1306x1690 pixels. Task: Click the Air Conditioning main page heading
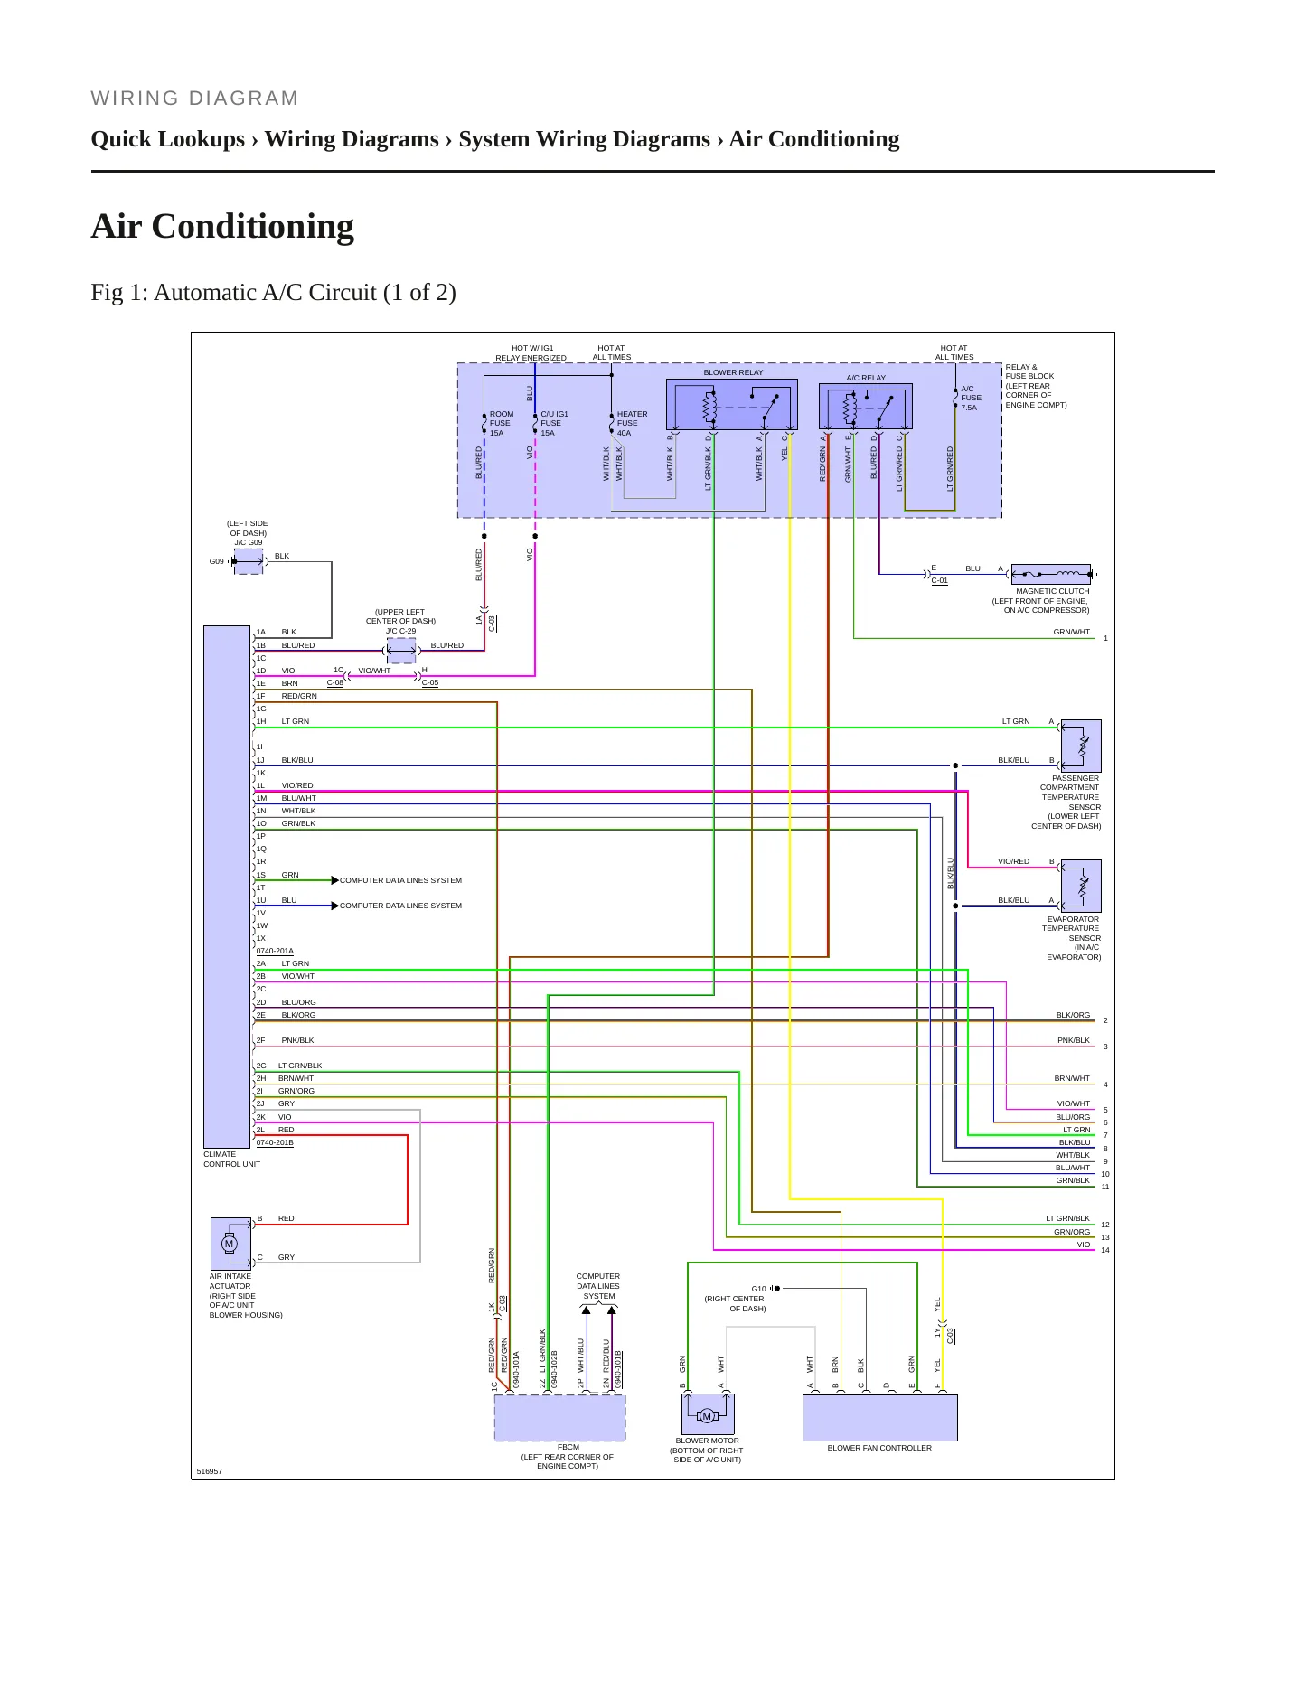click(x=222, y=226)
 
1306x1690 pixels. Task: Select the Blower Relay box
click(x=732, y=405)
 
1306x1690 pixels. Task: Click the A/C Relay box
click(x=865, y=407)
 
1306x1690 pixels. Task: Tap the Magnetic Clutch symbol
click(x=1051, y=574)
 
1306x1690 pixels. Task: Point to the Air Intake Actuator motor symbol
click(x=230, y=1244)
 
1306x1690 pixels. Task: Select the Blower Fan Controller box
click(x=879, y=1418)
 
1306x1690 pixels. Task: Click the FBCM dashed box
click(x=560, y=1418)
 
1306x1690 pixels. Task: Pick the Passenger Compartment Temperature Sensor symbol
click(x=1081, y=746)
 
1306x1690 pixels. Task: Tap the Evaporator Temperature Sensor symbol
click(x=1081, y=886)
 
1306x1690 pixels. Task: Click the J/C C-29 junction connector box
click(x=401, y=650)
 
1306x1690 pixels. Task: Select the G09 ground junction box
click(x=249, y=561)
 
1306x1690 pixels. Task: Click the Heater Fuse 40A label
click(x=633, y=423)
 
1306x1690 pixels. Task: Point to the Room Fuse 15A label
click(x=502, y=423)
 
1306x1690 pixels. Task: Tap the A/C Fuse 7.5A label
click(x=971, y=398)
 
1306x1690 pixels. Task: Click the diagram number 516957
click(x=210, y=1471)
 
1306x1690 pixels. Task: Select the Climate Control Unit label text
click(x=231, y=1160)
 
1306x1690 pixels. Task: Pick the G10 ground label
click(x=758, y=1289)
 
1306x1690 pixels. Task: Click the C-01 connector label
click(x=940, y=580)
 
